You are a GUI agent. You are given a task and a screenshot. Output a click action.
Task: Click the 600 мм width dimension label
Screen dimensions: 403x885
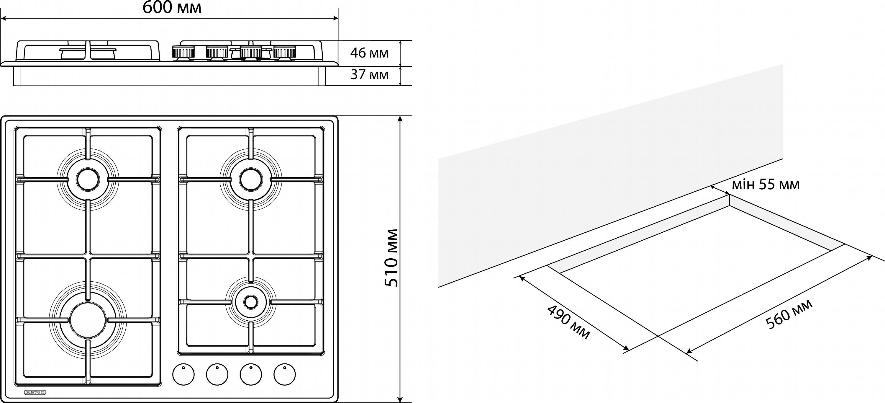click(172, 8)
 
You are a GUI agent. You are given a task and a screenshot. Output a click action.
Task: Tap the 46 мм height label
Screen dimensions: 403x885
click(369, 53)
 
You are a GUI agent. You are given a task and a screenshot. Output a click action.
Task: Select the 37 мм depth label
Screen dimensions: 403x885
click(369, 75)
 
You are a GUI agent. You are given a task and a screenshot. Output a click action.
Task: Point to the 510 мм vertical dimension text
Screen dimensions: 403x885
click(391, 258)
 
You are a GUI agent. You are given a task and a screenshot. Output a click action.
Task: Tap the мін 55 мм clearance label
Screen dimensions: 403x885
click(766, 185)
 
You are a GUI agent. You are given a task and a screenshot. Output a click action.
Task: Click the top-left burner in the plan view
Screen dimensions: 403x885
click(88, 180)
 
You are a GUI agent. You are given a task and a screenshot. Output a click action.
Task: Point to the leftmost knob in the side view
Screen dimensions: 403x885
click(183, 52)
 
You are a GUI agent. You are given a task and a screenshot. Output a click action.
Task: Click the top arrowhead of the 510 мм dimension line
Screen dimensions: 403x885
click(400, 119)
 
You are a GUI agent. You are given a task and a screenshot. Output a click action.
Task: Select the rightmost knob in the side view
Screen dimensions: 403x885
click(285, 52)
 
